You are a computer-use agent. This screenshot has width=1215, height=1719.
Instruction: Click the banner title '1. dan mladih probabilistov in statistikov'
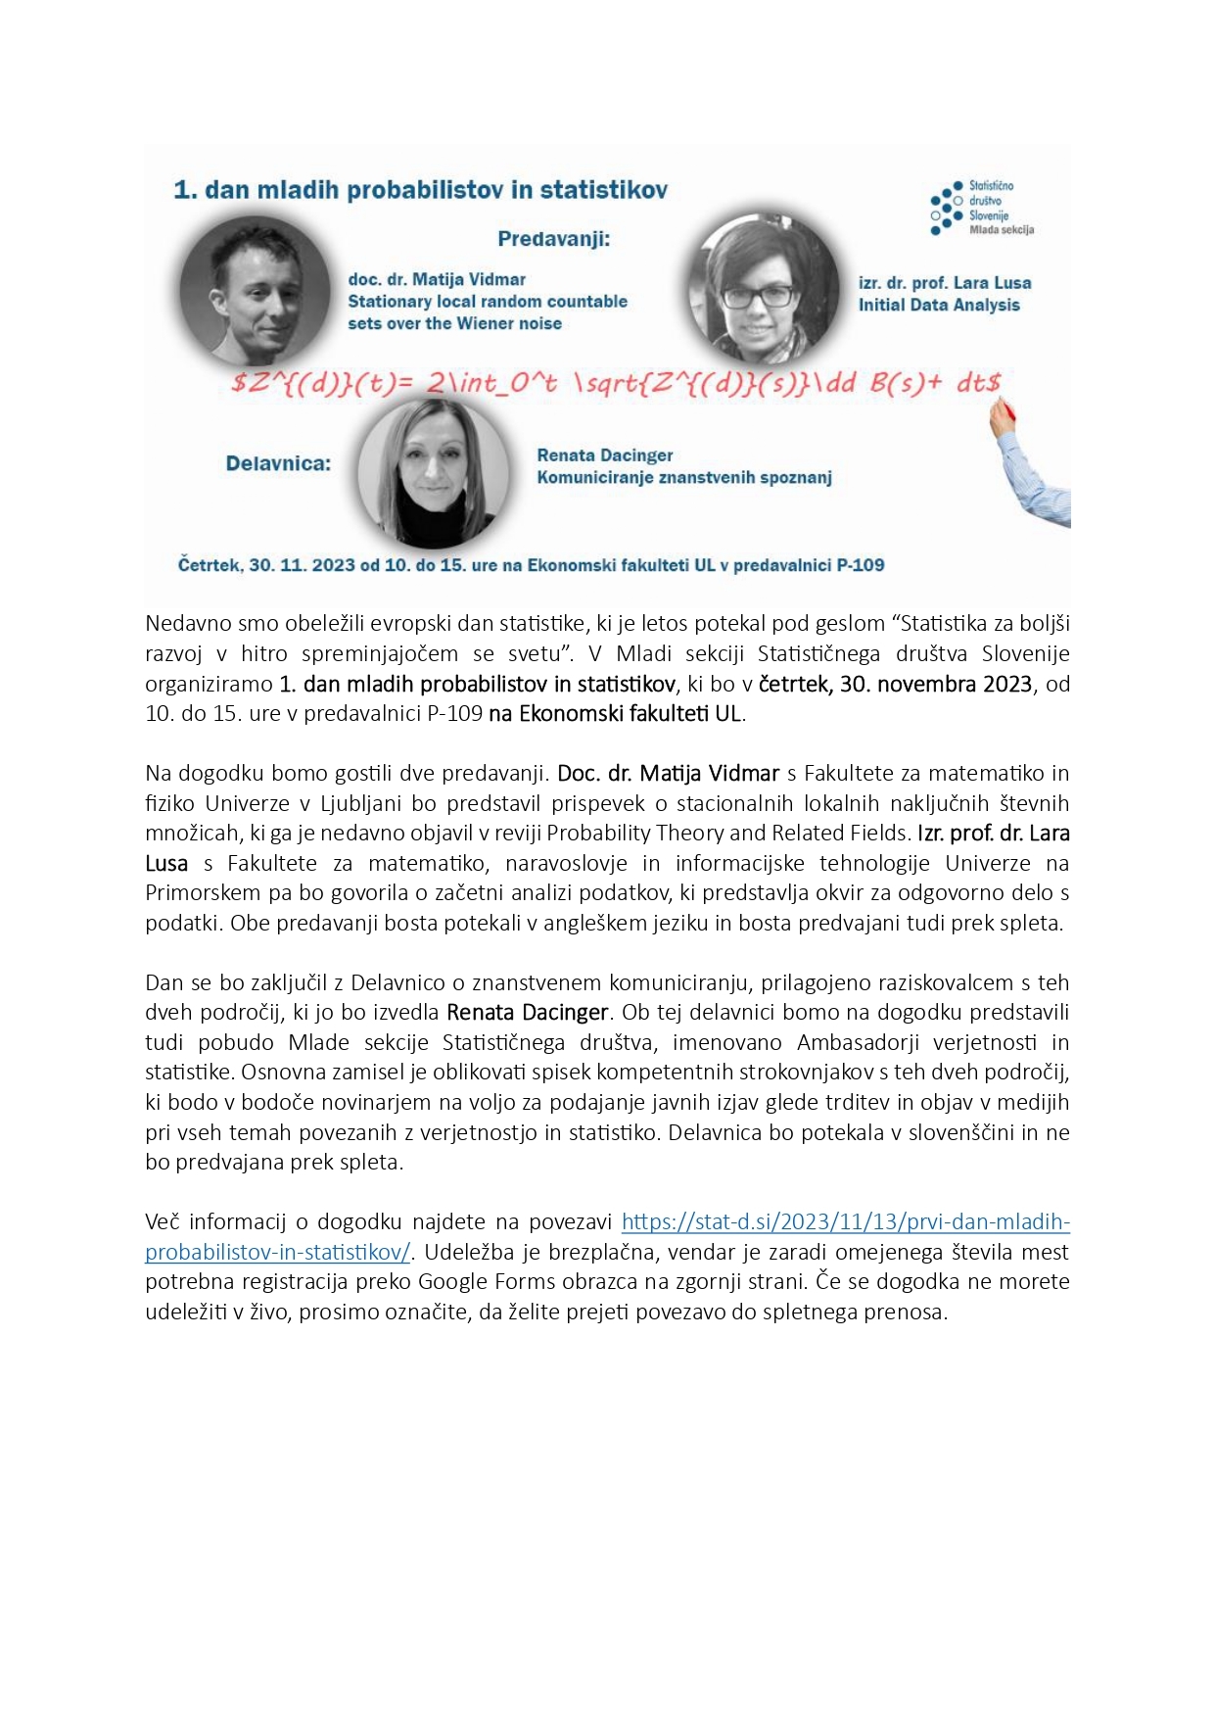click(420, 190)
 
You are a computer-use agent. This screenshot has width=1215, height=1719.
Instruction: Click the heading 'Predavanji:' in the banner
click(553, 239)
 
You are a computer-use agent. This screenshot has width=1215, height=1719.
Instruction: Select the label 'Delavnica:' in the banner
click(278, 463)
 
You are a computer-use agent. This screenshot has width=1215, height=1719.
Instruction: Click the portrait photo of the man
click(255, 291)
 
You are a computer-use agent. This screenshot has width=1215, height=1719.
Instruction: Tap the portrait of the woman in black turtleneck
click(434, 473)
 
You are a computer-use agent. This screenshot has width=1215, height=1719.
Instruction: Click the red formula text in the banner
click(616, 383)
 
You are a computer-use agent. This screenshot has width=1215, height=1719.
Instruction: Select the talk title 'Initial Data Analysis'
click(939, 305)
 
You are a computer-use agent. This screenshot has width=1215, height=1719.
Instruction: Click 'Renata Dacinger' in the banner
click(604, 455)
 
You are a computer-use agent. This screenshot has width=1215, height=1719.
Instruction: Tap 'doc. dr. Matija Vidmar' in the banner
click(437, 280)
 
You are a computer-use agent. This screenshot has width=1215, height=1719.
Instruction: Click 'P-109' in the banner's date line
click(861, 565)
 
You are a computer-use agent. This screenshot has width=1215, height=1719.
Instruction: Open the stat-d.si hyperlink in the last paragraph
click(845, 1221)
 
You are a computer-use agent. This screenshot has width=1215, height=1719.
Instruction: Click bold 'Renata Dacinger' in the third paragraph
click(528, 1012)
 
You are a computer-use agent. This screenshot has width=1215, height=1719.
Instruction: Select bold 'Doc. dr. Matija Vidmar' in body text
click(668, 773)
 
